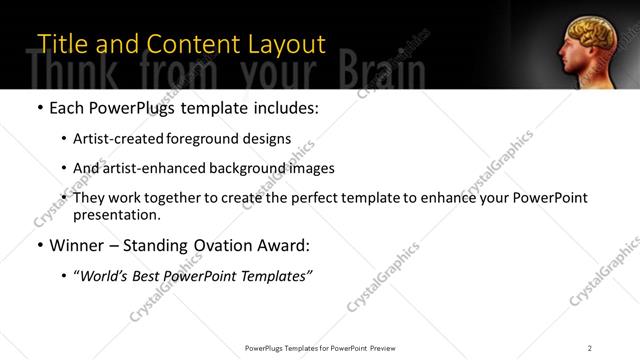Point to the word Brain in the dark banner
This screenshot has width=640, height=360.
click(x=381, y=72)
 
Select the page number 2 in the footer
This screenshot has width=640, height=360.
click(x=590, y=347)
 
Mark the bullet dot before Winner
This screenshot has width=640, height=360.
click(x=39, y=245)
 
